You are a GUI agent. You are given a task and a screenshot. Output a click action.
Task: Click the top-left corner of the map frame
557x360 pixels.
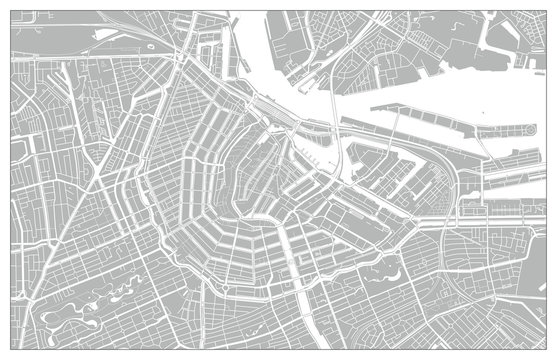pyautogui.click(x=11, y=11)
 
